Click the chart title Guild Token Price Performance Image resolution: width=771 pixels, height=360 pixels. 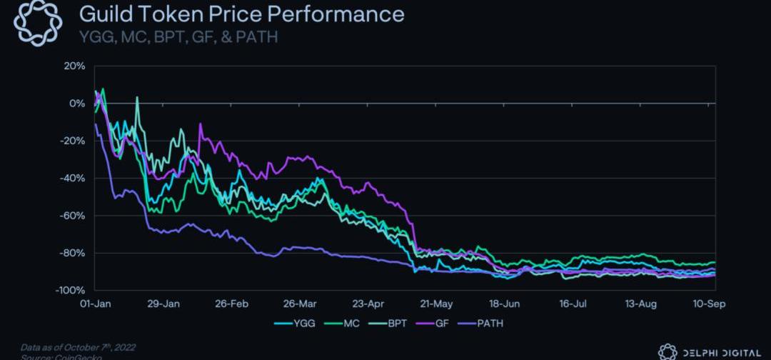tap(241, 14)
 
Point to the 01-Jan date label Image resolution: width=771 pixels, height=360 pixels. tap(95, 304)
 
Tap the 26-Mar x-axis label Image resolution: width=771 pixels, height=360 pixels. tap(300, 304)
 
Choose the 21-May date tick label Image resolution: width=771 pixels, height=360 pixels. tap(437, 304)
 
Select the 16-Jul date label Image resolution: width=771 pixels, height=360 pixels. tap(573, 304)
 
